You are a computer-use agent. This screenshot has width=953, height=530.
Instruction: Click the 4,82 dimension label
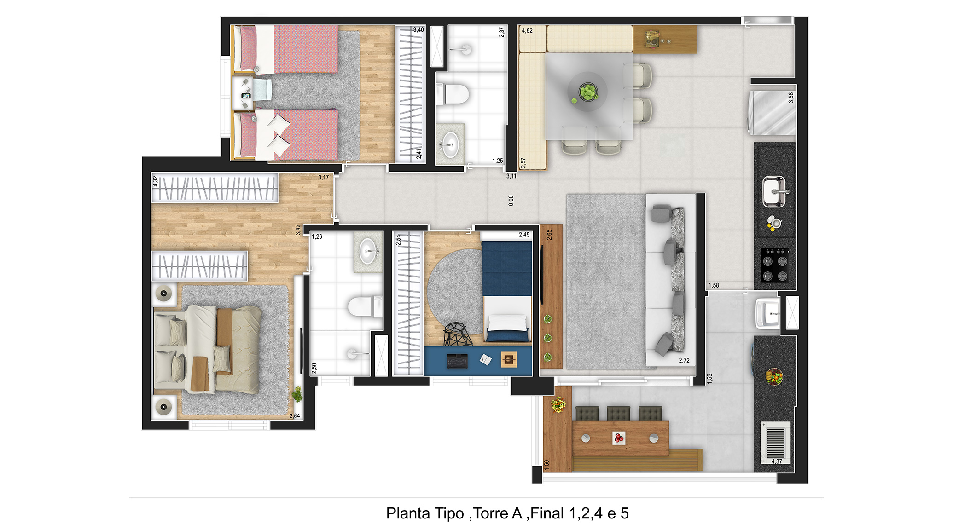click(x=527, y=31)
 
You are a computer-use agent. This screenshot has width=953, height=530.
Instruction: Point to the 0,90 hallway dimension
click(x=511, y=200)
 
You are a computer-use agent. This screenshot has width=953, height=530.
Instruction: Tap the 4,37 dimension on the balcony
click(x=777, y=461)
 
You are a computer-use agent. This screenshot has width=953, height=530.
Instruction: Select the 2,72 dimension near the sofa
click(x=684, y=360)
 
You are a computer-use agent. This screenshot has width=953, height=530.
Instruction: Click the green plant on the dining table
click(x=588, y=92)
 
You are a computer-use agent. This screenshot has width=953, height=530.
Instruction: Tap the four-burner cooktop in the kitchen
click(x=775, y=265)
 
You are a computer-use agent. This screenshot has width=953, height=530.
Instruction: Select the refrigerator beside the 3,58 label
click(x=772, y=113)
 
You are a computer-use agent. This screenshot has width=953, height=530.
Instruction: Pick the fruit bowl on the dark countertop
click(x=774, y=376)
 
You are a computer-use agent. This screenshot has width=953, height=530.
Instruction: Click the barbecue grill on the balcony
click(x=775, y=441)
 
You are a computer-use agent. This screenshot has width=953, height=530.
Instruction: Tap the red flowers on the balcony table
click(x=619, y=438)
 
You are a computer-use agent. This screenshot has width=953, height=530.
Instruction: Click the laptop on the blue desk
click(x=457, y=362)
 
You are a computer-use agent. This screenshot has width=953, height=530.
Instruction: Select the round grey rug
click(x=455, y=290)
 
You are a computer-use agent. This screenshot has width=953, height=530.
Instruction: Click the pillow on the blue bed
click(x=506, y=323)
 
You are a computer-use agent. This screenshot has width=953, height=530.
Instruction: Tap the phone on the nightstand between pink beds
click(x=246, y=96)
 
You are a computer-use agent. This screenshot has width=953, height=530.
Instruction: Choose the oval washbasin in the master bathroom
click(x=367, y=251)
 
